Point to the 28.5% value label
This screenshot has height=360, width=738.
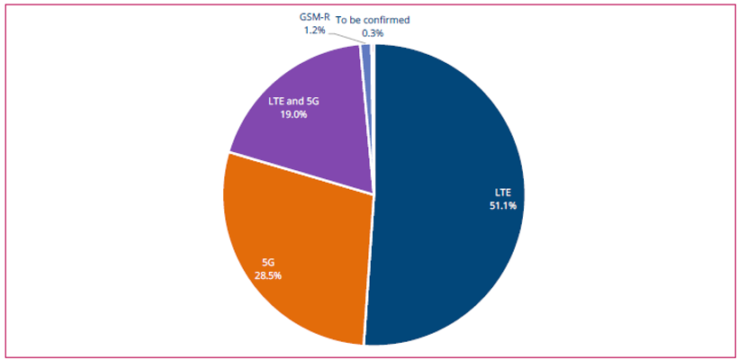[x=266, y=275]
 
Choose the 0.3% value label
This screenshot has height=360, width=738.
[x=372, y=33]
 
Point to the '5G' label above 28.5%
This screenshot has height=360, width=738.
[x=267, y=262]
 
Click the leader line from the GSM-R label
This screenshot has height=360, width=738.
[x=347, y=40]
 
